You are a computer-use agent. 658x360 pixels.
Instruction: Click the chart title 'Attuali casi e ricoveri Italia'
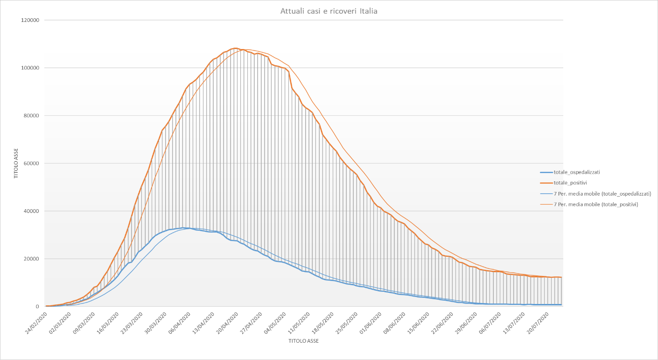(x=329, y=11)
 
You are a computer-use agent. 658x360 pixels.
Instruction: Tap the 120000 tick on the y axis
(x=29, y=20)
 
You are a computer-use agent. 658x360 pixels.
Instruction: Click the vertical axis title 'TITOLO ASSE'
(x=15, y=163)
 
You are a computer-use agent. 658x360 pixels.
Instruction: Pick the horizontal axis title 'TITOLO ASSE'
(x=303, y=341)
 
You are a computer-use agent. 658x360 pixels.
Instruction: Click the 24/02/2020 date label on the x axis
(x=36, y=322)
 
